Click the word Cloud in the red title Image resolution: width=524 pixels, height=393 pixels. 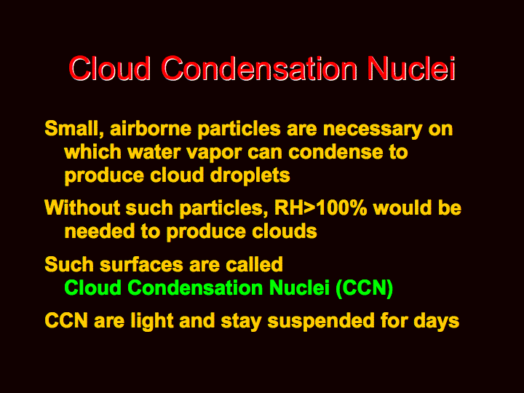click(110, 68)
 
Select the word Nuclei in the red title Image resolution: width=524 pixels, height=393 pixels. click(411, 68)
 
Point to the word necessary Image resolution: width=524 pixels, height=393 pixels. click(373, 129)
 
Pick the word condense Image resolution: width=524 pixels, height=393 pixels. click(336, 152)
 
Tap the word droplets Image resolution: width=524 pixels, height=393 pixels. click(250, 175)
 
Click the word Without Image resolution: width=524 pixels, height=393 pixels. click(82, 207)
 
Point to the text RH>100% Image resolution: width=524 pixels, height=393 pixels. click(320, 207)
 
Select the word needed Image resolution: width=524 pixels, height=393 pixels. click(100, 231)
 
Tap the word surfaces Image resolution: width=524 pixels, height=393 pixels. click(141, 264)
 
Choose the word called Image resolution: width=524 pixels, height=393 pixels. click(254, 264)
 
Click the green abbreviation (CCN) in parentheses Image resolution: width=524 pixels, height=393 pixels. click(365, 287)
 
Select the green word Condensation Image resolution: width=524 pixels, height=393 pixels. click(195, 287)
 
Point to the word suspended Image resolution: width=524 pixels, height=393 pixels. click(321, 321)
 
